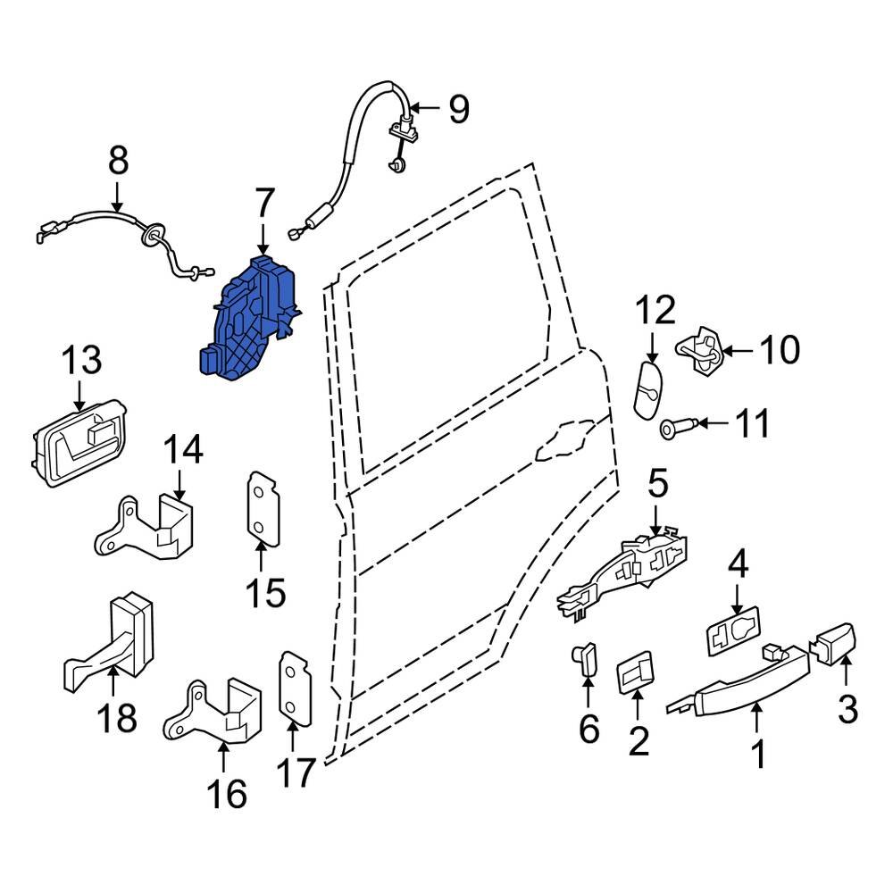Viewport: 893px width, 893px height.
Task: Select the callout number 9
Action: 457,109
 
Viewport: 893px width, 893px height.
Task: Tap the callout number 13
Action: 81,362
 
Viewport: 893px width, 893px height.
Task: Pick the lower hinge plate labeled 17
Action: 294,684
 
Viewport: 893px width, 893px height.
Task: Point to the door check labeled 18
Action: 112,638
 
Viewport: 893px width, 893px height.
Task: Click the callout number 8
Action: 117,163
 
